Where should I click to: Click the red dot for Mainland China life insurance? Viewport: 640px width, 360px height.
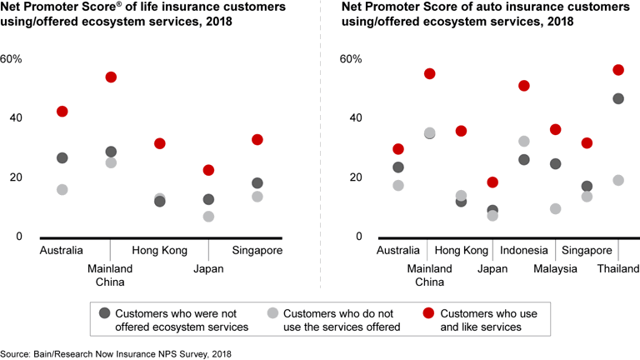click(x=111, y=77)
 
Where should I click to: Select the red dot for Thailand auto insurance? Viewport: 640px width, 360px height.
click(x=618, y=69)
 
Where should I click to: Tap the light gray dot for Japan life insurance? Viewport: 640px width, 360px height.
click(x=208, y=217)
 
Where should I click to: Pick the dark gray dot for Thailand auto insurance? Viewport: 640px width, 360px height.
click(x=618, y=98)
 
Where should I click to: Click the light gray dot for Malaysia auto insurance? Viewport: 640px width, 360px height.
click(x=556, y=208)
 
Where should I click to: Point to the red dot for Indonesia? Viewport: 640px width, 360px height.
click(x=524, y=85)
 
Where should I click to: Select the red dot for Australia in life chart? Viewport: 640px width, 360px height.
click(x=62, y=111)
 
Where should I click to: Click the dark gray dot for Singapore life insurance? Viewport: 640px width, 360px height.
click(x=257, y=183)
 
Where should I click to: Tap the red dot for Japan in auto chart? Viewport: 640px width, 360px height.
click(x=492, y=182)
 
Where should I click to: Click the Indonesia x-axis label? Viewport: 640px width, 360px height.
click(x=523, y=250)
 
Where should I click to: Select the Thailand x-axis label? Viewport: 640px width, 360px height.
click(x=617, y=268)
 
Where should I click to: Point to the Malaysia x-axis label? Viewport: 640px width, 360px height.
click(x=555, y=268)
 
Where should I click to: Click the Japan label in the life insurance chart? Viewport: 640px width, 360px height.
click(x=208, y=268)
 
